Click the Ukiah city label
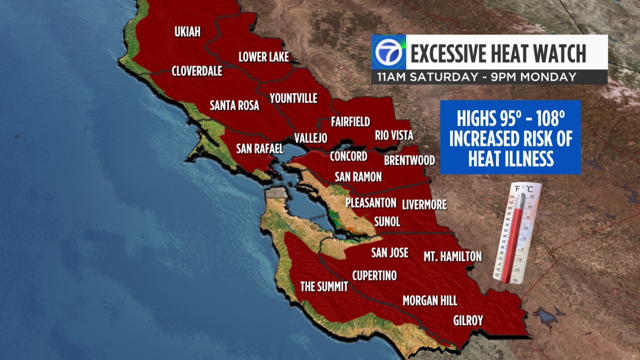click(187, 32)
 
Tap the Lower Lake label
click(264, 57)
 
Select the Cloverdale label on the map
click(197, 71)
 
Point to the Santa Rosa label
click(234, 106)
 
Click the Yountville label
click(293, 98)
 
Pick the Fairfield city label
click(350, 122)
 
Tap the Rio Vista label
click(394, 136)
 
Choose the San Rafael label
click(260, 149)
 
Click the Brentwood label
click(409, 160)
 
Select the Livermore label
click(424, 205)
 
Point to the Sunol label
click(387, 222)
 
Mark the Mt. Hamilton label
click(452, 256)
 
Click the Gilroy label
click(468, 320)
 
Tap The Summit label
click(324, 286)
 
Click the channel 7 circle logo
click(388, 52)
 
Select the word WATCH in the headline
click(560, 54)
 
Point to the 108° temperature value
click(550, 118)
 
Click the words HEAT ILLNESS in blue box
click(511, 159)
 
